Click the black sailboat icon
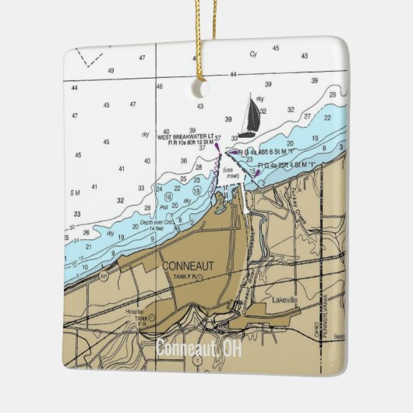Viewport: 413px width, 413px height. (x=251, y=116)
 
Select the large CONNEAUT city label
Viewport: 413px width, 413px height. (x=187, y=266)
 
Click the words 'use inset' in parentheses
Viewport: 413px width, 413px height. (x=231, y=173)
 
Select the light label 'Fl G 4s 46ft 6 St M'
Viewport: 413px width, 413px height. (x=266, y=153)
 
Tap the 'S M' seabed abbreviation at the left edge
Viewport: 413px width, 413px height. (x=75, y=192)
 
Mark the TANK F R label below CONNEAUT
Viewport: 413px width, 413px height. (x=185, y=277)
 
